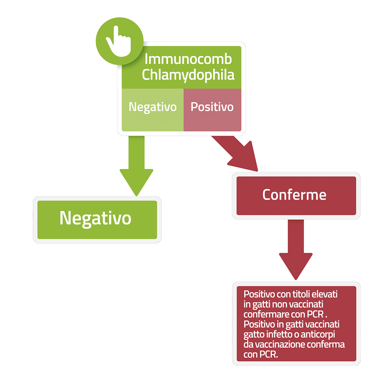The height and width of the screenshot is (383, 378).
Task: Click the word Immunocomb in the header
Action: tap(188, 59)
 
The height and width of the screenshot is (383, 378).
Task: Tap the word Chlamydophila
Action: tap(188, 75)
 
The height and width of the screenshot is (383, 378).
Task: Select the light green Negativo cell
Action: tap(153, 110)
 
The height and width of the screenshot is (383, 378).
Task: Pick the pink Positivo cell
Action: tap(212, 110)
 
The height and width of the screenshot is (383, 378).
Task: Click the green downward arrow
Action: tap(136, 166)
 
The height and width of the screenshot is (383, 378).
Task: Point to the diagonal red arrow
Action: tap(236, 153)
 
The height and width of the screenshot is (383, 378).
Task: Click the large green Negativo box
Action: tap(97, 220)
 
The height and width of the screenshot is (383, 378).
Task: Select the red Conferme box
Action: tap(296, 196)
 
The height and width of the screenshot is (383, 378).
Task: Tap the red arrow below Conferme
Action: tap(296, 249)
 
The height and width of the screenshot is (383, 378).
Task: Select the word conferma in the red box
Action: tap(326, 345)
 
